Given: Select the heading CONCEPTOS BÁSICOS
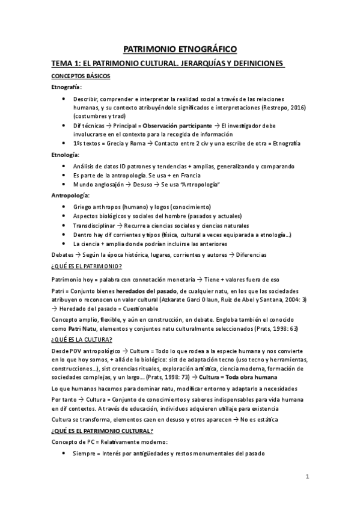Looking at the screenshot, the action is (80, 76).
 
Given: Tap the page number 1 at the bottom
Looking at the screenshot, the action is (307, 477).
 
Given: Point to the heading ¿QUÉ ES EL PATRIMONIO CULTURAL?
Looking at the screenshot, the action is (102, 431).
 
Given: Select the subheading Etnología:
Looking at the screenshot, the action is (67, 155).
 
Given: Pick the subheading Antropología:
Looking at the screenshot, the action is (71, 196).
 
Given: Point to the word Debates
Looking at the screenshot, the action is (63, 254).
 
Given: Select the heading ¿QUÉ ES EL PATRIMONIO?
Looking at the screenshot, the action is (87, 266).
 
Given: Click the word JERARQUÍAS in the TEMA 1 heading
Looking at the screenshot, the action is (206, 63).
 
